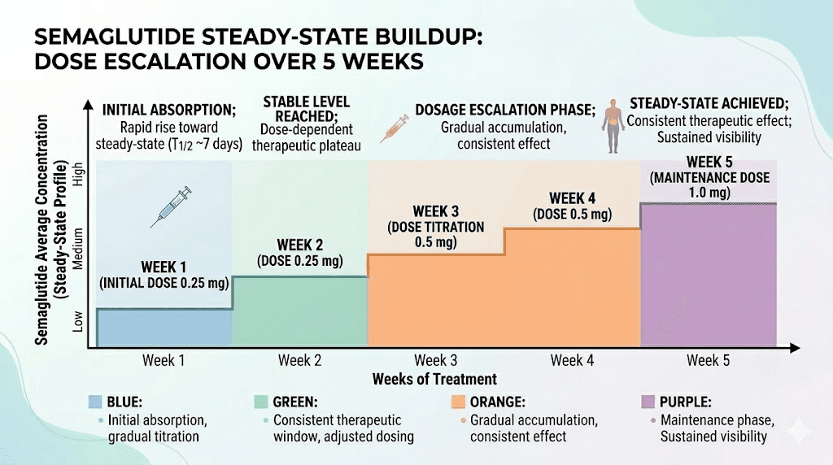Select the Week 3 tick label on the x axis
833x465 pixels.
[436, 360]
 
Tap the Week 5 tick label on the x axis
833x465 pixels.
[708, 360]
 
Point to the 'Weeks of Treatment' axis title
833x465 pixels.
[434, 379]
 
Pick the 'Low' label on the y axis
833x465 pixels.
[79, 322]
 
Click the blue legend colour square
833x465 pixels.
[95, 402]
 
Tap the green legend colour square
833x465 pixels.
[262, 402]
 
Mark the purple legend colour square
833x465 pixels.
[648, 402]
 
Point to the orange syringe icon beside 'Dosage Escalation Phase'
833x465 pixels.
[394, 128]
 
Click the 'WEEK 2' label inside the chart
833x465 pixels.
[301, 245]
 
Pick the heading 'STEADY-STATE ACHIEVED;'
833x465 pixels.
[698, 105]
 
